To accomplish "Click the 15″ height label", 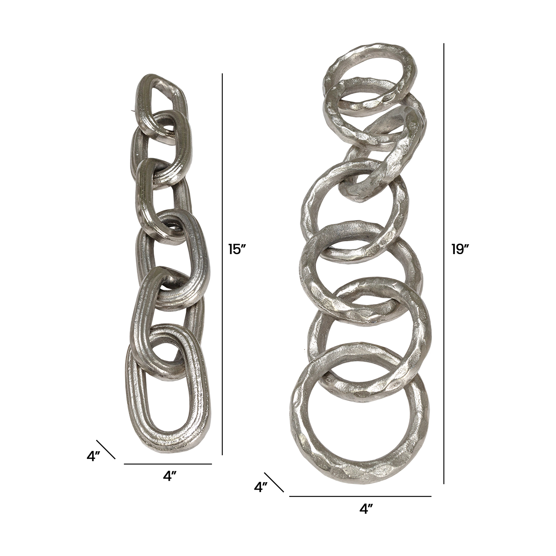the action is coord(237,249).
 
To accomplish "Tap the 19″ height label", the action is coord(460,249).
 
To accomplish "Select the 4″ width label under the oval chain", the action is coord(170,477).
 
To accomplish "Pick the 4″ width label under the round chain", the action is coord(366,509).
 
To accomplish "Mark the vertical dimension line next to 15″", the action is coord(222,264).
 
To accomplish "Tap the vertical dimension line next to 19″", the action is coord(444,263).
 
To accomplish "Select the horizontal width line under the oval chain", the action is coord(168,464).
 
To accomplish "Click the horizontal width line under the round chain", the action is coord(361,496).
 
